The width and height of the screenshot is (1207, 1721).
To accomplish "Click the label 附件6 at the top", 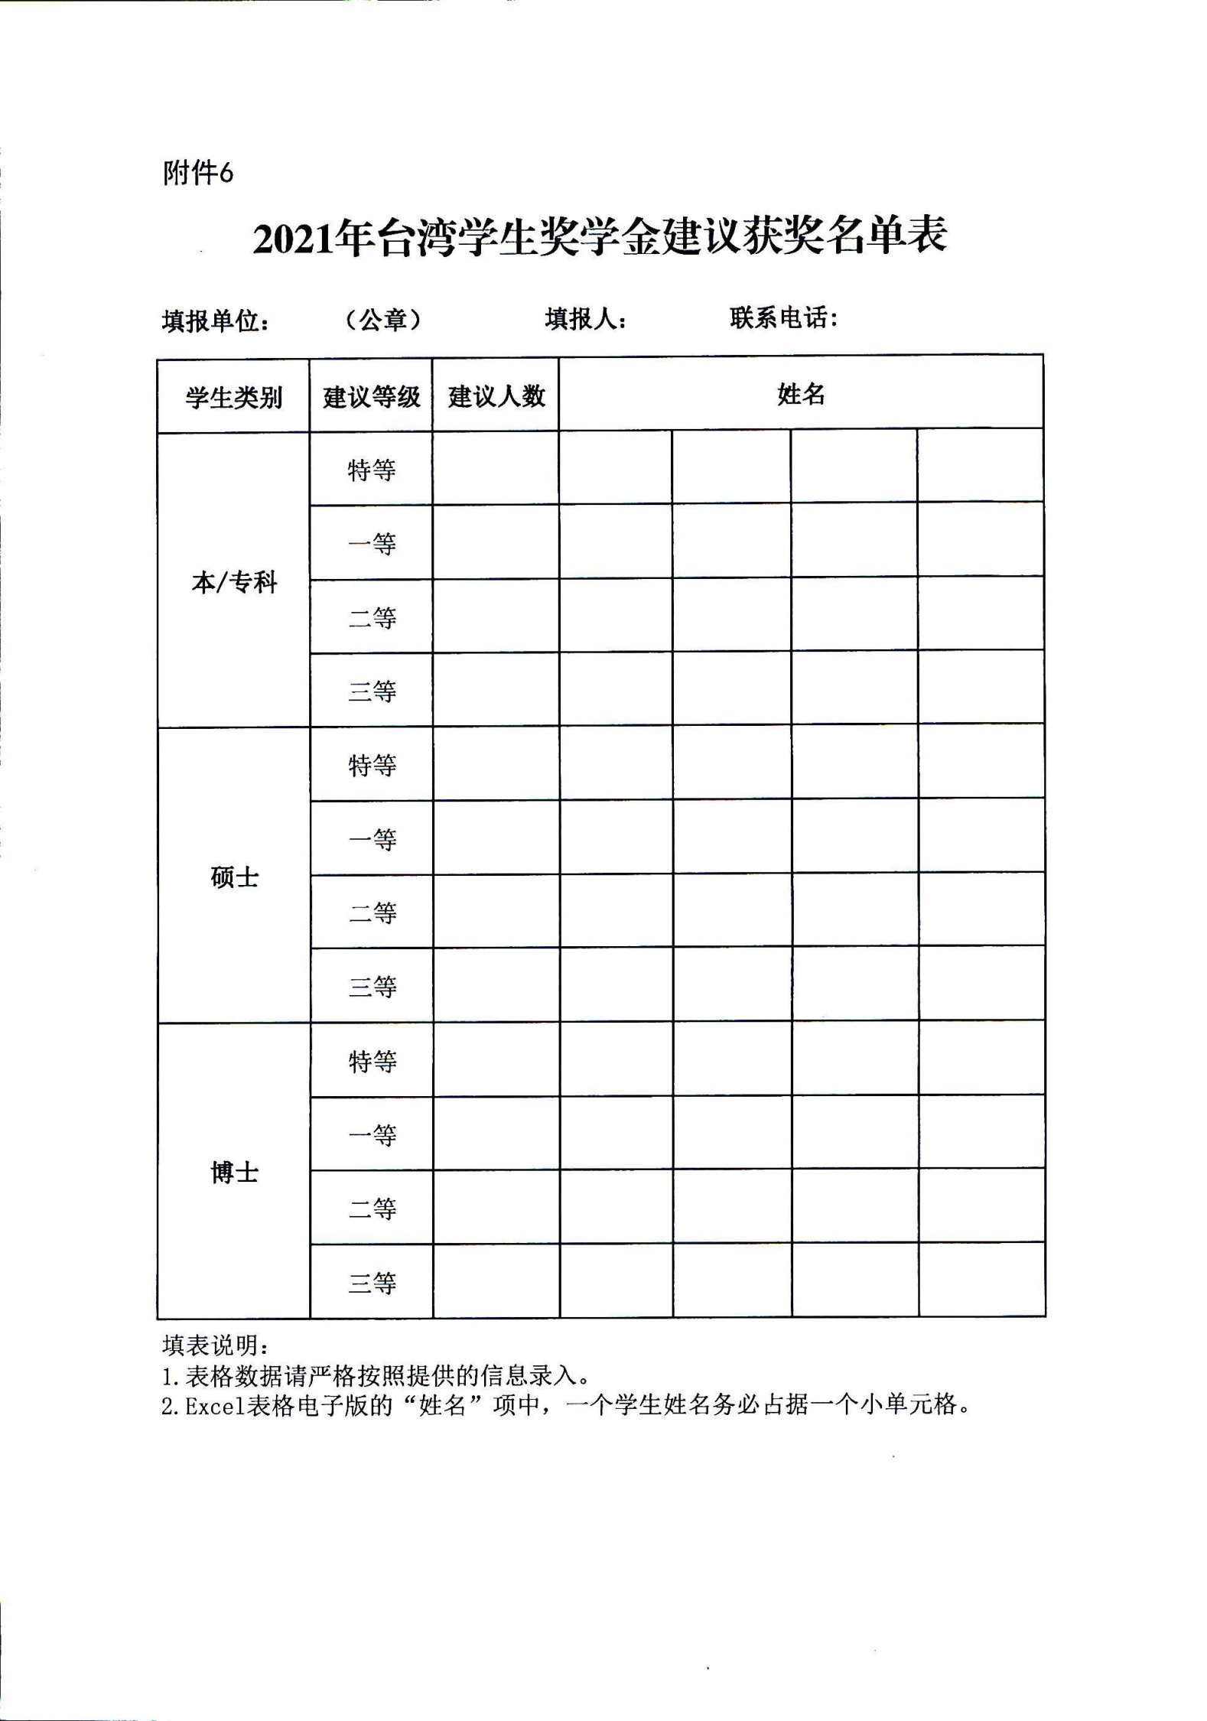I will [x=198, y=174].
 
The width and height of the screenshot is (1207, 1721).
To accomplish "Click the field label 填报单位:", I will [x=216, y=321].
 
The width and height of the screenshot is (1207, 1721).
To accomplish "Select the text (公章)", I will [x=383, y=320].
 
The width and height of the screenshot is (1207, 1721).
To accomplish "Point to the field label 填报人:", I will [x=586, y=319].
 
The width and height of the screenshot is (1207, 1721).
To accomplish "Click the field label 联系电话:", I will [x=784, y=317].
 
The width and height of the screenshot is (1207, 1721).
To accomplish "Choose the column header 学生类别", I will [x=233, y=398].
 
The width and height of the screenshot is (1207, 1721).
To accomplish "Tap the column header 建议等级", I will [x=371, y=397].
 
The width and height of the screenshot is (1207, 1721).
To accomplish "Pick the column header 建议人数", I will [x=496, y=396].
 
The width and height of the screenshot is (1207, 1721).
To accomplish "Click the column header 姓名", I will [x=801, y=395].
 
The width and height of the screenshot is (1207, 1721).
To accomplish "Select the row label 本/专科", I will [x=233, y=583].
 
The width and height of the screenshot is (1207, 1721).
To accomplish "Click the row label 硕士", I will [x=234, y=877].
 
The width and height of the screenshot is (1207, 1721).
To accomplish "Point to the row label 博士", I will [x=234, y=1172].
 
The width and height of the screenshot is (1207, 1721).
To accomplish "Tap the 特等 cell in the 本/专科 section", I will [x=372, y=470].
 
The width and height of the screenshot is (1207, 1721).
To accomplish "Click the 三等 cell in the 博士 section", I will [x=373, y=1283].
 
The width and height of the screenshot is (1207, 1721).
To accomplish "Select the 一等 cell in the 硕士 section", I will [x=373, y=840].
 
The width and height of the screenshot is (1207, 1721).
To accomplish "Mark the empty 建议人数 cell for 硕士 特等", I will [x=496, y=765].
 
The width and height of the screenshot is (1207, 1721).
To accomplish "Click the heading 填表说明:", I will [x=215, y=1345].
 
